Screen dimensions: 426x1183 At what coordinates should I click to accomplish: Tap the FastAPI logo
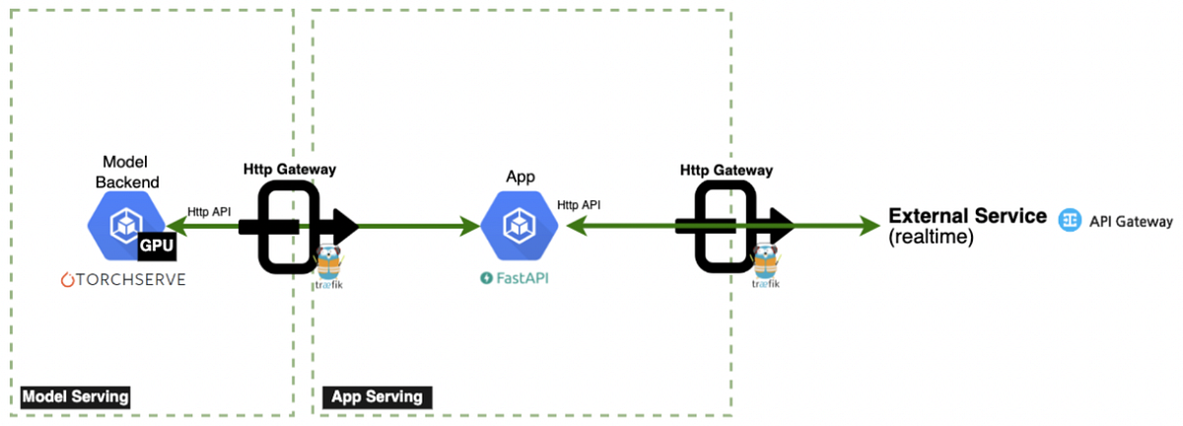coord(514,279)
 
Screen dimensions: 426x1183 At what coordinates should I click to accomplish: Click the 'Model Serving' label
coord(76,396)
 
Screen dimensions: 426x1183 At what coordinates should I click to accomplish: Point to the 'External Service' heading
coord(967,216)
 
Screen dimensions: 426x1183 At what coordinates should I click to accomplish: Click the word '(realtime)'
coord(931,238)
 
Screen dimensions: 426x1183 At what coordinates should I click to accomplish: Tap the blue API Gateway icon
coord(1069,222)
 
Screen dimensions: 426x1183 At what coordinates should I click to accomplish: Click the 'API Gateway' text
coord(1131,222)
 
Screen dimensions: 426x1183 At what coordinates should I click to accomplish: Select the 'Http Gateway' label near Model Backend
coord(290,169)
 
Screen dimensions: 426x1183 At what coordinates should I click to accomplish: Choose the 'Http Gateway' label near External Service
coord(726,170)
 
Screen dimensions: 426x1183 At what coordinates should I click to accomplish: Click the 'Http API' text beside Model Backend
coord(211,210)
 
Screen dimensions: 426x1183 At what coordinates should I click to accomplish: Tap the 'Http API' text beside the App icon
coord(579,205)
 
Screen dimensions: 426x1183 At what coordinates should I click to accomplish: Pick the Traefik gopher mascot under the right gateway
coord(764,261)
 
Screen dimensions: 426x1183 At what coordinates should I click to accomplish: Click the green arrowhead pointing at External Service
coord(869,226)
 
